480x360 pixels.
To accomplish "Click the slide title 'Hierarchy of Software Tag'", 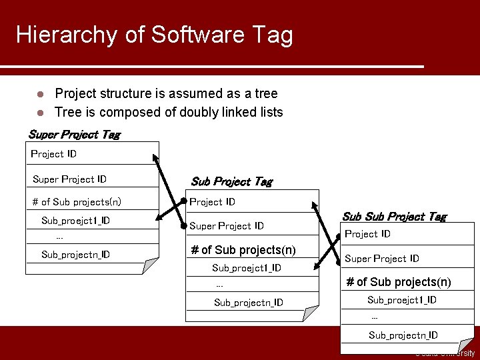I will [154, 35].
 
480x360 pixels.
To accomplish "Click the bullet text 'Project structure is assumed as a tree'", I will [166, 93].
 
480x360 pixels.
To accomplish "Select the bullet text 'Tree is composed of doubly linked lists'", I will [169, 112].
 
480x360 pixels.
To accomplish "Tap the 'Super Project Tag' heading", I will [74, 135].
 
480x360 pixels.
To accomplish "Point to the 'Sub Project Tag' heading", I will [231, 181].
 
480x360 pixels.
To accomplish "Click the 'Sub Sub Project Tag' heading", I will [394, 217].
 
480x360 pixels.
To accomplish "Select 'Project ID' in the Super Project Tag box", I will [54, 154].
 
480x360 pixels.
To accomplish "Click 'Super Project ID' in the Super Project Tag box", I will [69, 179].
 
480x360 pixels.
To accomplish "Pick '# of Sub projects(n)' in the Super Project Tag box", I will [77, 202].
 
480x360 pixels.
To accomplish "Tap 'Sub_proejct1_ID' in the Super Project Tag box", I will [75, 221].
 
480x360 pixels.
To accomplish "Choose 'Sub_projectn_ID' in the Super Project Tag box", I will [75, 255].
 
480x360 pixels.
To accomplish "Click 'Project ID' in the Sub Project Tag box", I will [212, 202].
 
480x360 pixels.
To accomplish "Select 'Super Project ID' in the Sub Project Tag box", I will [227, 226].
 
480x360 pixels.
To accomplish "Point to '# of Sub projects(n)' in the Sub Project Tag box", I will [243, 250].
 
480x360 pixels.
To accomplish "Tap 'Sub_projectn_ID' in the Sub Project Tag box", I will [248, 303].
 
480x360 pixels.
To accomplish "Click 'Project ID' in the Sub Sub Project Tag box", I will [367, 234].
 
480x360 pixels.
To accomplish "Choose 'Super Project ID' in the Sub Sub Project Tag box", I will [382, 259].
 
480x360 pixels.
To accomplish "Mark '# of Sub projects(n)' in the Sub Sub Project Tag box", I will [399, 282].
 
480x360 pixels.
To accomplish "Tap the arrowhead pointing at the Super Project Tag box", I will [156, 158].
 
